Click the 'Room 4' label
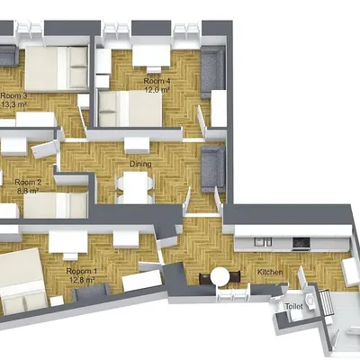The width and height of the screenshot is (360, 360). (157, 81)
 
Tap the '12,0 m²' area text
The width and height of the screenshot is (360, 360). (157, 90)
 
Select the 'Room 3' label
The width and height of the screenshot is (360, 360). (13, 94)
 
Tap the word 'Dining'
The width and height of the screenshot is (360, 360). (139, 165)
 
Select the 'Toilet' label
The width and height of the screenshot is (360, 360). (293, 306)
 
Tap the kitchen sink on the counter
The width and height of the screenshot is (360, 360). (263, 241)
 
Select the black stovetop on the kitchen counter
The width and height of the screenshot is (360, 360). (301, 242)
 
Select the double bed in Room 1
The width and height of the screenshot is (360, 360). (20, 279)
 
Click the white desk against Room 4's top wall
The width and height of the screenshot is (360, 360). (149, 56)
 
